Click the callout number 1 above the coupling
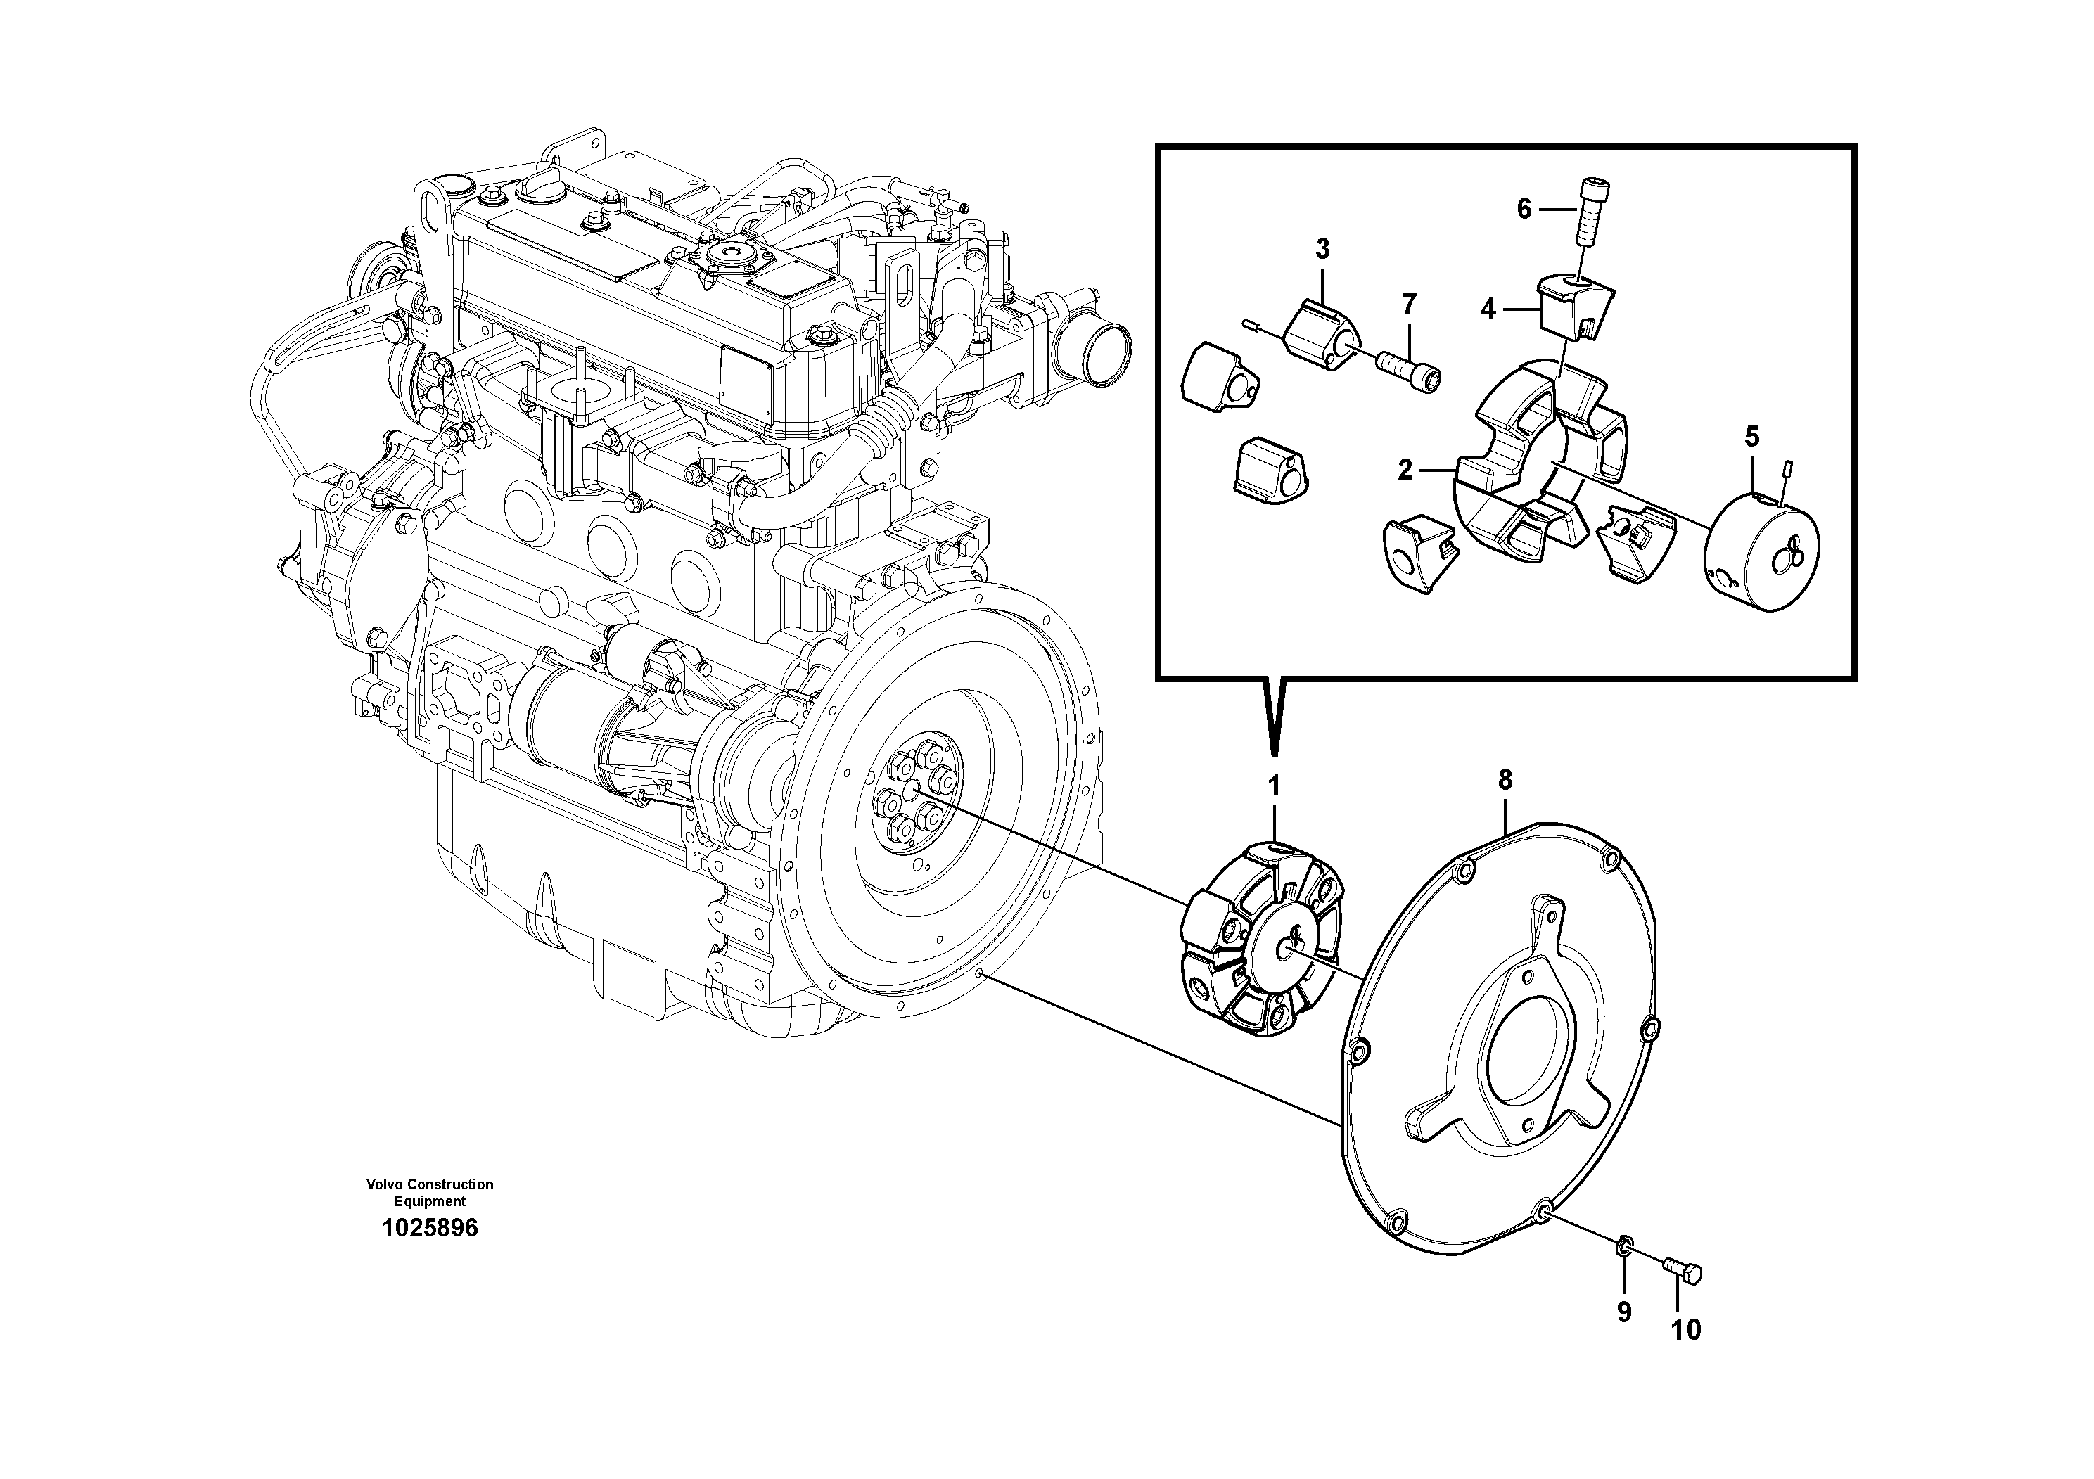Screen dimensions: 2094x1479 1274,786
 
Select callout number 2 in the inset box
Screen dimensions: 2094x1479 1405,470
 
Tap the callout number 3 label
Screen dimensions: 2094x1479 1322,248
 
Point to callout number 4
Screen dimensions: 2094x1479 1488,310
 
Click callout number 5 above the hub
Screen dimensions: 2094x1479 1752,437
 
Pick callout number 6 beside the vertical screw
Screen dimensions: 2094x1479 1524,210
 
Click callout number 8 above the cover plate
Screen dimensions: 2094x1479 1504,780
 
